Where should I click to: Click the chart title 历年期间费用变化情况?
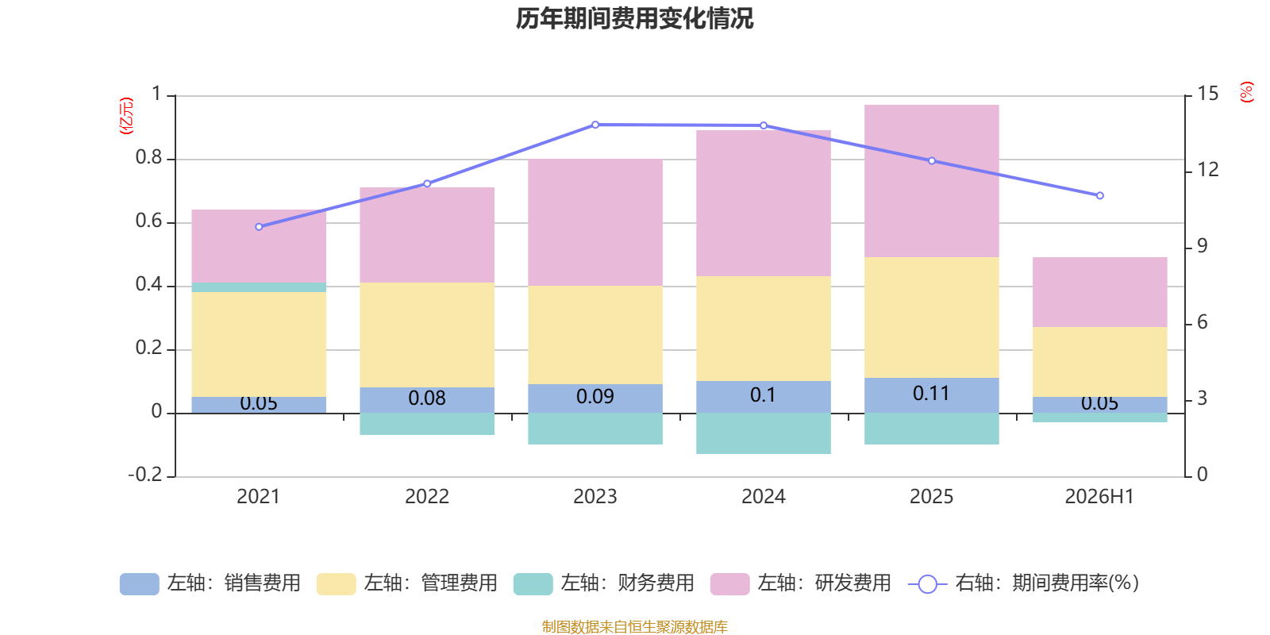tap(634, 19)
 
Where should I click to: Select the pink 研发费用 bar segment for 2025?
tap(932, 181)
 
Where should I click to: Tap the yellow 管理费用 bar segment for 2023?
tap(595, 335)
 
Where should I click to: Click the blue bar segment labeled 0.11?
tap(932, 395)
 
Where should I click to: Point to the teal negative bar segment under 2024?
tap(763, 433)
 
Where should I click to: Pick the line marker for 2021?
tap(259, 227)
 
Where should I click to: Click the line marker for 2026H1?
tap(1100, 195)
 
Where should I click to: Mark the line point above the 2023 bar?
tap(595, 125)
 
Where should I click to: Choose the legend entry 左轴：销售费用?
tap(210, 583)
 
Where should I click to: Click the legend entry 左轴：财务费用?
tap(604, 583)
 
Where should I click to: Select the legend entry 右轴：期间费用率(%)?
tap(1023, 583)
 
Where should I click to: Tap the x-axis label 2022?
tap(427, 497)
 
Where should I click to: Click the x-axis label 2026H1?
tap(1099, 497)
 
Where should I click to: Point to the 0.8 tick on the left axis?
tap(149, 158)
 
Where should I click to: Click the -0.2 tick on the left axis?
tap(145, 475)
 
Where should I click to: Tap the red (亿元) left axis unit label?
tap(126, 116)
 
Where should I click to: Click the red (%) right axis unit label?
tap(1246, 92)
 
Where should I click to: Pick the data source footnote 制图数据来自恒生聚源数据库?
tap(634, 626)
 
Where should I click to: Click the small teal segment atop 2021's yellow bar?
tap(259, 287)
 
